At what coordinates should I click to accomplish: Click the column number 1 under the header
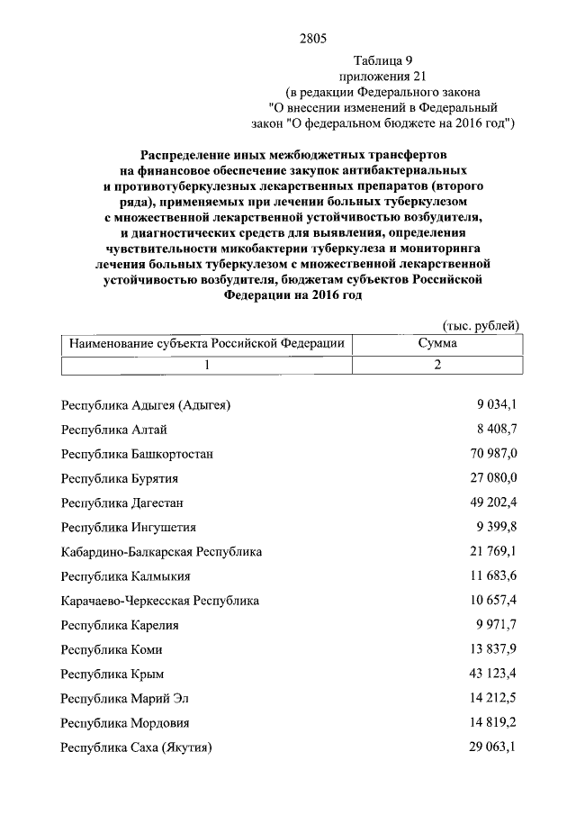(207, 365)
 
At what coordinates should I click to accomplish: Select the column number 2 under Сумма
(437, 365)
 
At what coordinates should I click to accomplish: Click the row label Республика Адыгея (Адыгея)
(146, 405)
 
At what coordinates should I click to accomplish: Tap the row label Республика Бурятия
(120, 478)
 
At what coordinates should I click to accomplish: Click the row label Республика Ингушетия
(128, 527)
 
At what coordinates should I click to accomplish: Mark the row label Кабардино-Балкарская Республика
(161, 551)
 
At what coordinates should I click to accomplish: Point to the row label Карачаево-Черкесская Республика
(160, 600)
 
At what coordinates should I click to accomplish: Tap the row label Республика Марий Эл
(125, 698)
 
